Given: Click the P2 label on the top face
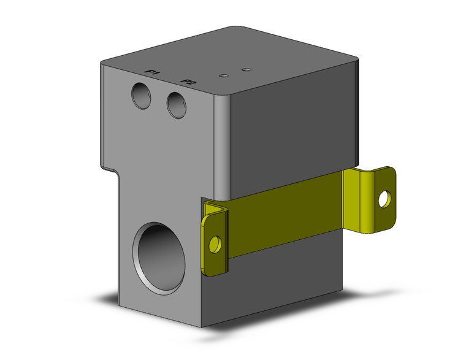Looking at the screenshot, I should click(189, 82).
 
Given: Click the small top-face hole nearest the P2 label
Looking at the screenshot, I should click(224, 75).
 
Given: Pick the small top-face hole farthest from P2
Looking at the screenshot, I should click(246, 69).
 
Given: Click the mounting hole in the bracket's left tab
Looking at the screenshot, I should click(214, 245).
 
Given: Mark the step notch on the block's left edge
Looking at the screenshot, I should click(114, 168).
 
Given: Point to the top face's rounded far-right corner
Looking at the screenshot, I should click(354, 62).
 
